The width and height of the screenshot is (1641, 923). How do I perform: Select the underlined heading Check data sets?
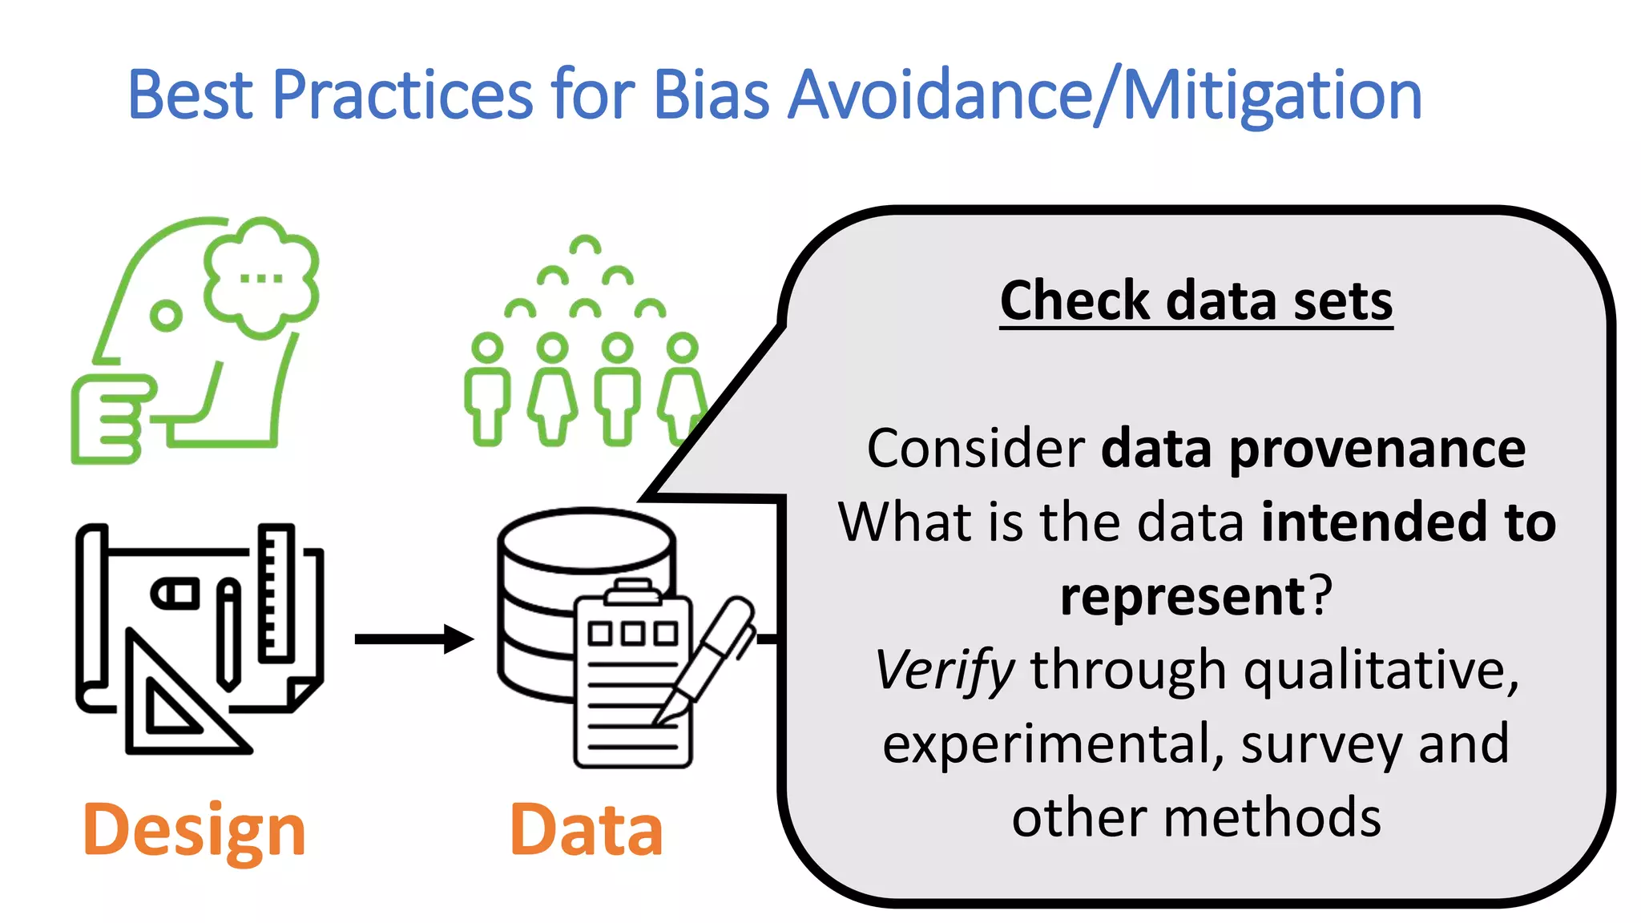tap(1195, 301)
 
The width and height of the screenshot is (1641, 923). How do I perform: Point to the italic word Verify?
tap(944, 670)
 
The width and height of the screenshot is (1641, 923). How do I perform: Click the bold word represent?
tap(1183, 596)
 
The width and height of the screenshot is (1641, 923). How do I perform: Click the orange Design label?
tap(194, 830)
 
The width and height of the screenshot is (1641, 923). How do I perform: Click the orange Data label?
tap(586, 830)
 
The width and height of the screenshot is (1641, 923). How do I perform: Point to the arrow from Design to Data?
tap(413, 639)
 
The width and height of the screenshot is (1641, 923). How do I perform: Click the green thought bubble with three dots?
tap(261, 277)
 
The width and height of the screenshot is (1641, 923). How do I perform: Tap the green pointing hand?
tap(111, 418)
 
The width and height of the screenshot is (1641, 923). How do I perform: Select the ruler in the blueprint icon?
tap(276, 593)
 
